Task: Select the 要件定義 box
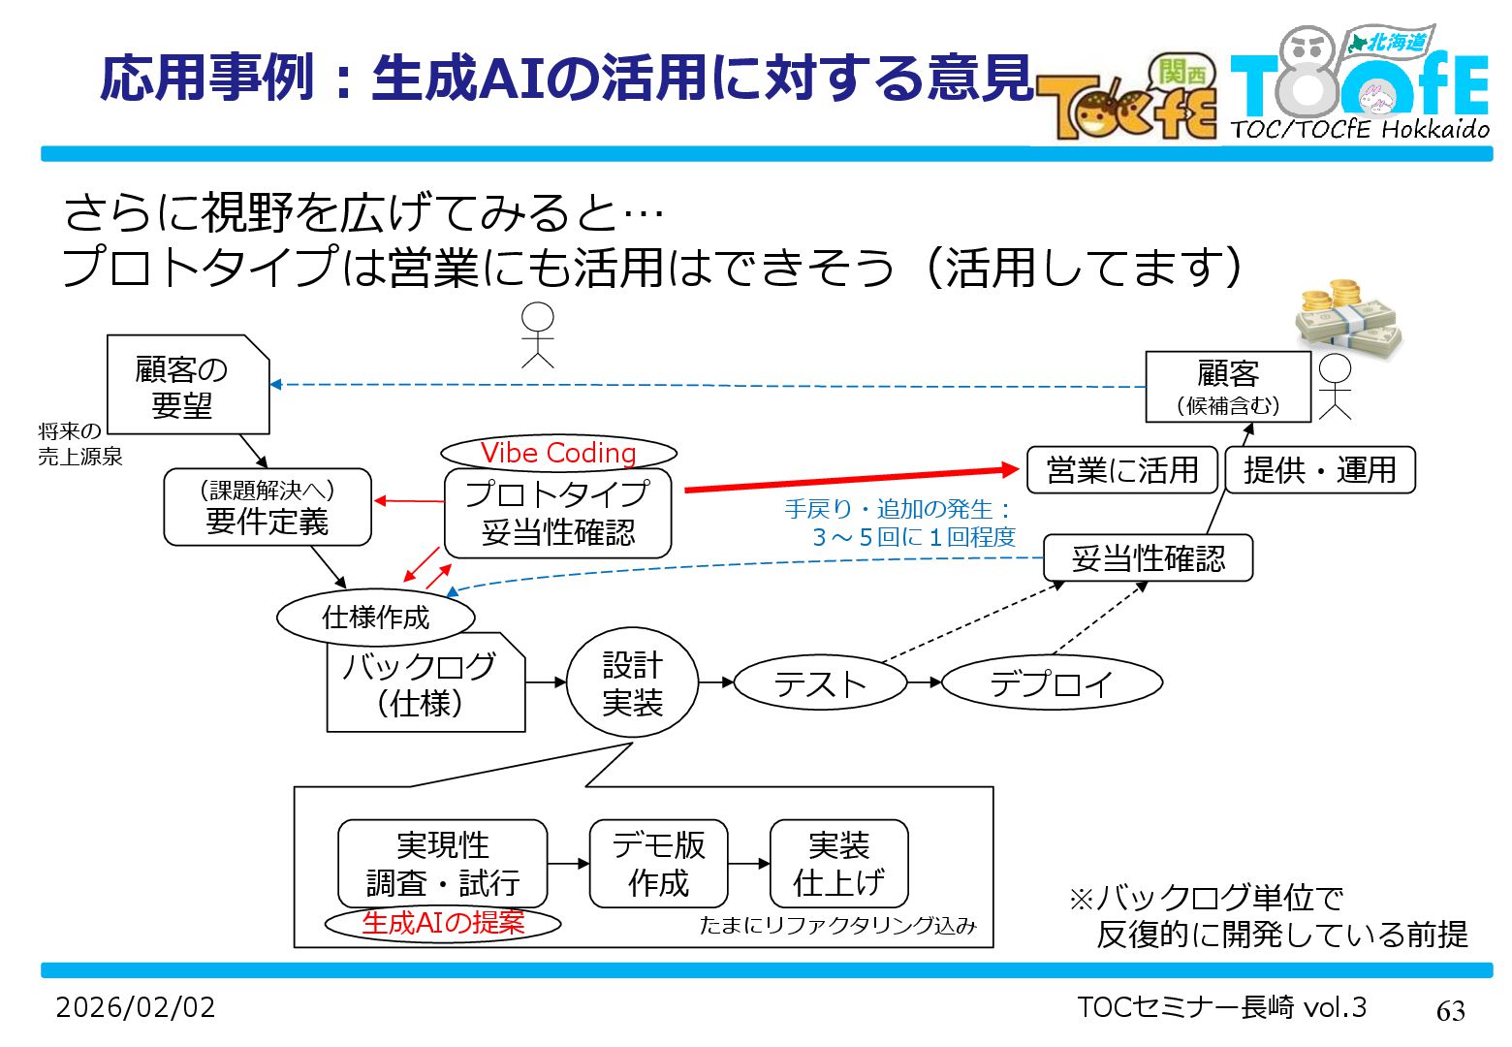tap(268, 507)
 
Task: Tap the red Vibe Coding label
tap(558, 453)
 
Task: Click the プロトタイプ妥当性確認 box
tap(558, 514)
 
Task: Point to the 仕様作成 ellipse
tap(376, 618)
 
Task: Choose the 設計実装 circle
tap(632, 683)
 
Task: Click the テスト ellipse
tap(820, 683)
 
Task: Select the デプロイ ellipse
tap(1052, 683)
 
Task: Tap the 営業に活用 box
tap(1122, 470)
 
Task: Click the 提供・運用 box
tap(1320, 470)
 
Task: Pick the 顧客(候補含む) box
tap(1228, 387)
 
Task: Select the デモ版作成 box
tap(658, 864)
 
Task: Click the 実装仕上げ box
tap(839, 864)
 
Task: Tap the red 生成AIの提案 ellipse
tap(443, 923)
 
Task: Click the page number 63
tap(1450, 1011)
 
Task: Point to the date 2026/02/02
tap(136, 1007)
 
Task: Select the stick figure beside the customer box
tap(1335, 386)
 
